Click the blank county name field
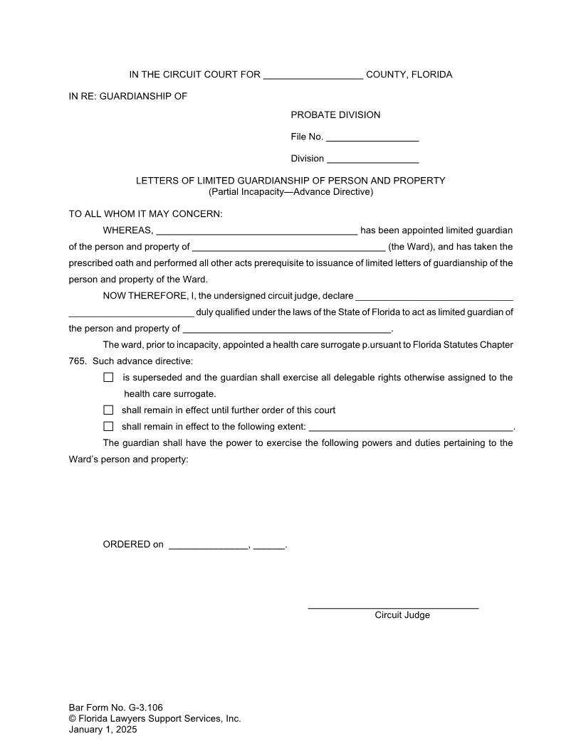click(313, 75)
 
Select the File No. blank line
click(372, 137)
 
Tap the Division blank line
click(372, 159)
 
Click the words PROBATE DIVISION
click(335, 115)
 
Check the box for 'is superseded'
click(108, 378)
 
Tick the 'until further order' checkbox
click(108, 410)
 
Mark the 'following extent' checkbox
click(108, 427)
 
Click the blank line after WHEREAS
click(256, 231)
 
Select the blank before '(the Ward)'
click(288, 247)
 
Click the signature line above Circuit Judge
click(393, 607)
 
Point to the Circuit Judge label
click(402, 615)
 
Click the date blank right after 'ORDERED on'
click(209, 546)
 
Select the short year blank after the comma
click(268, 546)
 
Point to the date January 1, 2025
click(103, 729)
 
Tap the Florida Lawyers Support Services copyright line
click(155, 718)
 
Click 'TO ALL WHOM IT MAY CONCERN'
click(145, 214)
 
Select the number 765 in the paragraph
click(77, 361)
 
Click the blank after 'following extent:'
click(411, 428)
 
